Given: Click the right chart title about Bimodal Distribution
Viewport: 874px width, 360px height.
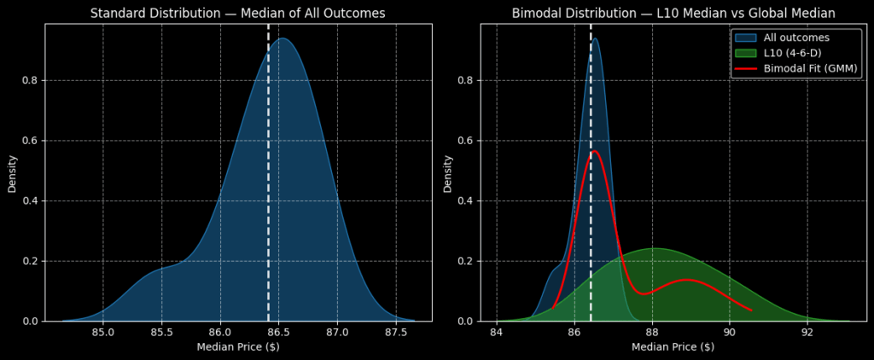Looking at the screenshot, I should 673,13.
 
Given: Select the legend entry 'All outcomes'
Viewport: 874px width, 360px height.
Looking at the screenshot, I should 796,38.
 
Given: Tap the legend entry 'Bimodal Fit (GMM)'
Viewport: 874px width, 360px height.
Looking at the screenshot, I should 811,68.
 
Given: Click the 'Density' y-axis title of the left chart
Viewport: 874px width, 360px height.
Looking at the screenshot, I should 13,172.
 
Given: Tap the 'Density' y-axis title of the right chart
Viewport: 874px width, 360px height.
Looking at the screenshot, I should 448,172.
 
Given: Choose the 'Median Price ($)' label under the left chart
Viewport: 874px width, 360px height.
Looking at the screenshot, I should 238,347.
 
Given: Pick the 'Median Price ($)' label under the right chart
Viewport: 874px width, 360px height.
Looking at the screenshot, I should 673,347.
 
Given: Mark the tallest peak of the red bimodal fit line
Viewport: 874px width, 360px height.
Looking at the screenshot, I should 594,151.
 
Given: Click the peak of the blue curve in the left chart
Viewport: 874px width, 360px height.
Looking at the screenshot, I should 283,38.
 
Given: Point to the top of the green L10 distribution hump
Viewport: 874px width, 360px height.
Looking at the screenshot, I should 653,248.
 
